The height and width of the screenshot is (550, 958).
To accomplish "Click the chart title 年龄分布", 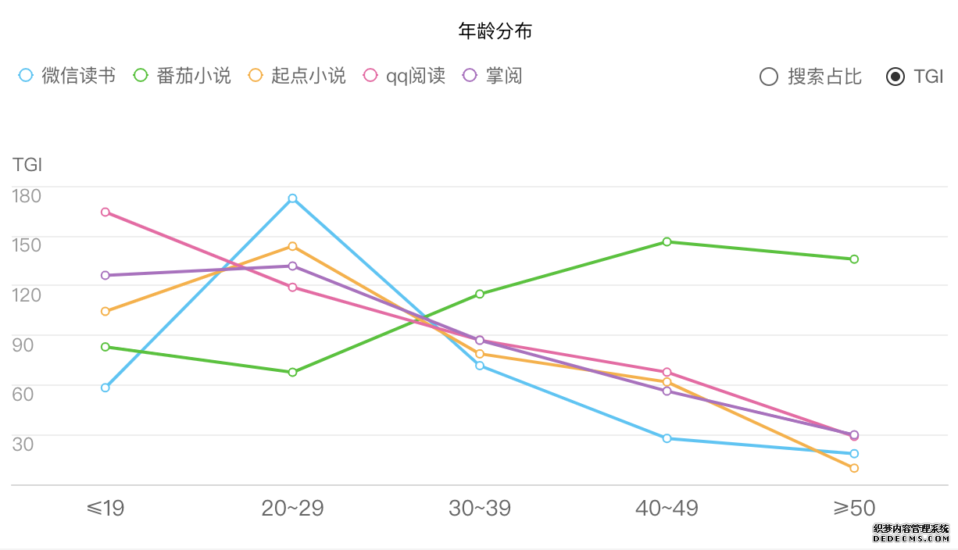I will [x=495, y=31].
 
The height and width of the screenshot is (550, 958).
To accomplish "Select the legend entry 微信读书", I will [x=66, y=76].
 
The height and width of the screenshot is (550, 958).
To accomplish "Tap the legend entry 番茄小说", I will [x=182, y=76].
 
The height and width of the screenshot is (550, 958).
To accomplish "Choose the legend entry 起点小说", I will [x=297, y=76].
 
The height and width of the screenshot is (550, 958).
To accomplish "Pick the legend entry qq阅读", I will [x=404, y=76].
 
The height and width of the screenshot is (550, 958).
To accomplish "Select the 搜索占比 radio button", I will [x=769, y=77].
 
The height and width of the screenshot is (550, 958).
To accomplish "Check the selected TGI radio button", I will [x=895, y=77].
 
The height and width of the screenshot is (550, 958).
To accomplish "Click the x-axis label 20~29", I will [x=292, y=509].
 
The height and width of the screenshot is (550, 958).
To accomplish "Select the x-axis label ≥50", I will [x=854, y=509].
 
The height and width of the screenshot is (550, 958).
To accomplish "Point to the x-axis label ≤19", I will [x=105, y=509].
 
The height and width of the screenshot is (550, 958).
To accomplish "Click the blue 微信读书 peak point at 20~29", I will [x=292, y=198].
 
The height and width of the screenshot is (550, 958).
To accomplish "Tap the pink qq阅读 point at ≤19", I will [x=105, y=212].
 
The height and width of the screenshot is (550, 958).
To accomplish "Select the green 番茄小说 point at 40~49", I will [x=667, y=242].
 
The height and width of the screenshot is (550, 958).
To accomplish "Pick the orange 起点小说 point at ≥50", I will [x=854, y=468].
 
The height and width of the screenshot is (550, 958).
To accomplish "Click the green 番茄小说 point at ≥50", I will [x=854, y=259].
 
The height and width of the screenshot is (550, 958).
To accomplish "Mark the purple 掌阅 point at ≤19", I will [x=105, y=275].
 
